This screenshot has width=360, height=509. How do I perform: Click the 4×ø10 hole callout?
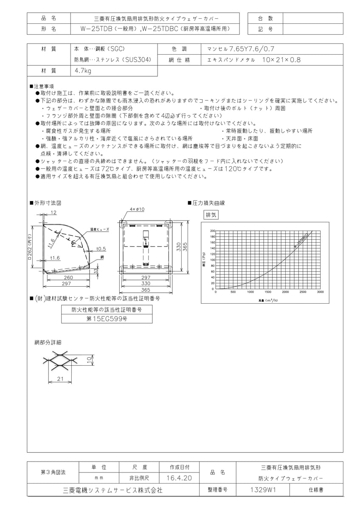coord(138,209)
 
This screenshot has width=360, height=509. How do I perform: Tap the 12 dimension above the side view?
coord(54,212)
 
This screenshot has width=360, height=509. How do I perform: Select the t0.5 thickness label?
coord(101,249)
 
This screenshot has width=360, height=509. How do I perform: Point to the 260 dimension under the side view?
coord(67,277)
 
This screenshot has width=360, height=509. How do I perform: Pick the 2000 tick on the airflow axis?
coord(285,292)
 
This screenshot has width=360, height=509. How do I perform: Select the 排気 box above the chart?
coord(211,215)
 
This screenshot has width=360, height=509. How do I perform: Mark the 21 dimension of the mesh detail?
coord(60,378)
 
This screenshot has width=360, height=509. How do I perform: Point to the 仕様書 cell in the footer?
coord(316,489)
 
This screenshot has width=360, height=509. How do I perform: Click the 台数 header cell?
coord(265,18)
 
